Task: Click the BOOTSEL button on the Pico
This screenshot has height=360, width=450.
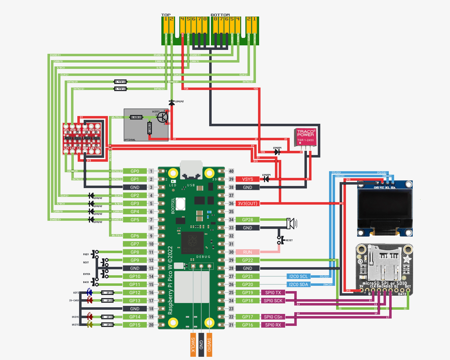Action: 180,204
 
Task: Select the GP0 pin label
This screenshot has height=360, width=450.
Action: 135,171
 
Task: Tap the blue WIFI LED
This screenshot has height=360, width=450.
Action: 90,292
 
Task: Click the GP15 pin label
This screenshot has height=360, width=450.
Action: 135,325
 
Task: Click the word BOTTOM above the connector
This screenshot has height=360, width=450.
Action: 220,15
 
